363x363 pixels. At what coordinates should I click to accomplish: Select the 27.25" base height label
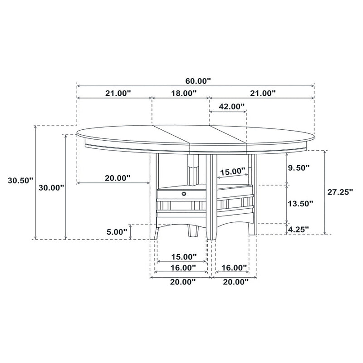point(340,192)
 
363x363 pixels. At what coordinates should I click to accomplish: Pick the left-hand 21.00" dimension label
point(118,93)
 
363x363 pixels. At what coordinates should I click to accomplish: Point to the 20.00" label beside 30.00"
point(118,178)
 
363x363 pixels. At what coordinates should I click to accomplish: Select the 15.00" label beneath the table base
point(183,256)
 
